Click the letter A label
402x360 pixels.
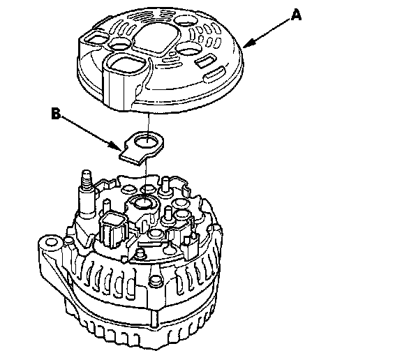(296, 15)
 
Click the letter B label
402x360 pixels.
(56, 114)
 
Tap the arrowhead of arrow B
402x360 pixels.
(115, 146)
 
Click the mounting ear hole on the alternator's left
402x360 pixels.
(51, 243)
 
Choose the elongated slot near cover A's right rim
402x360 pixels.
(215, 74)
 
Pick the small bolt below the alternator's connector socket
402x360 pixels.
(140, 253)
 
